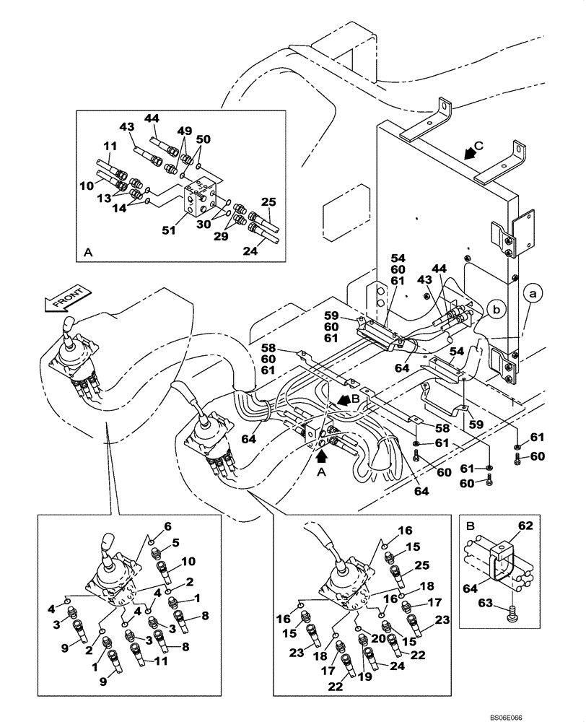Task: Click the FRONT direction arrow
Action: [x=67, y=297]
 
